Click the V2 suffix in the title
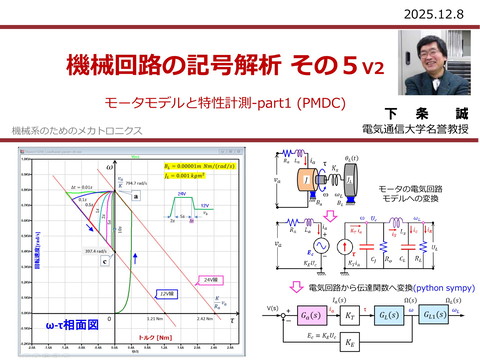click(371, 69)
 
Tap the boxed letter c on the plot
click(104, 261)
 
